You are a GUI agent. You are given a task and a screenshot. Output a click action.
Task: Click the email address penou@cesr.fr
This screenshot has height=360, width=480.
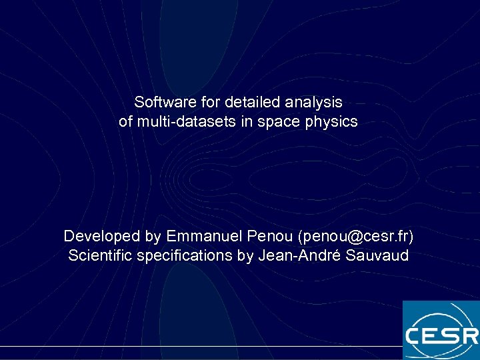(356, 237)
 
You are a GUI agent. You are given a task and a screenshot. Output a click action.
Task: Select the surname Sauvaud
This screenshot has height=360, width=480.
(377, 256)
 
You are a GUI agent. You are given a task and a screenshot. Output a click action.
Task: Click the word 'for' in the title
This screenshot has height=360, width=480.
(212, 103)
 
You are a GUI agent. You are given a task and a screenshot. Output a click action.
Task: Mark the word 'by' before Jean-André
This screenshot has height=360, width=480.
(245, 256)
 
